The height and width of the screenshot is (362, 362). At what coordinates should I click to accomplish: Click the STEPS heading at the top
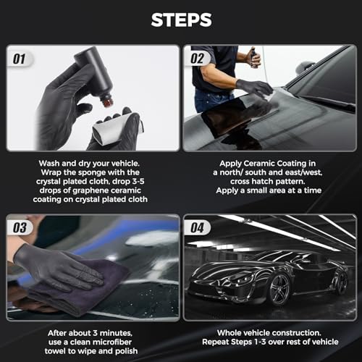coord(181,20)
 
